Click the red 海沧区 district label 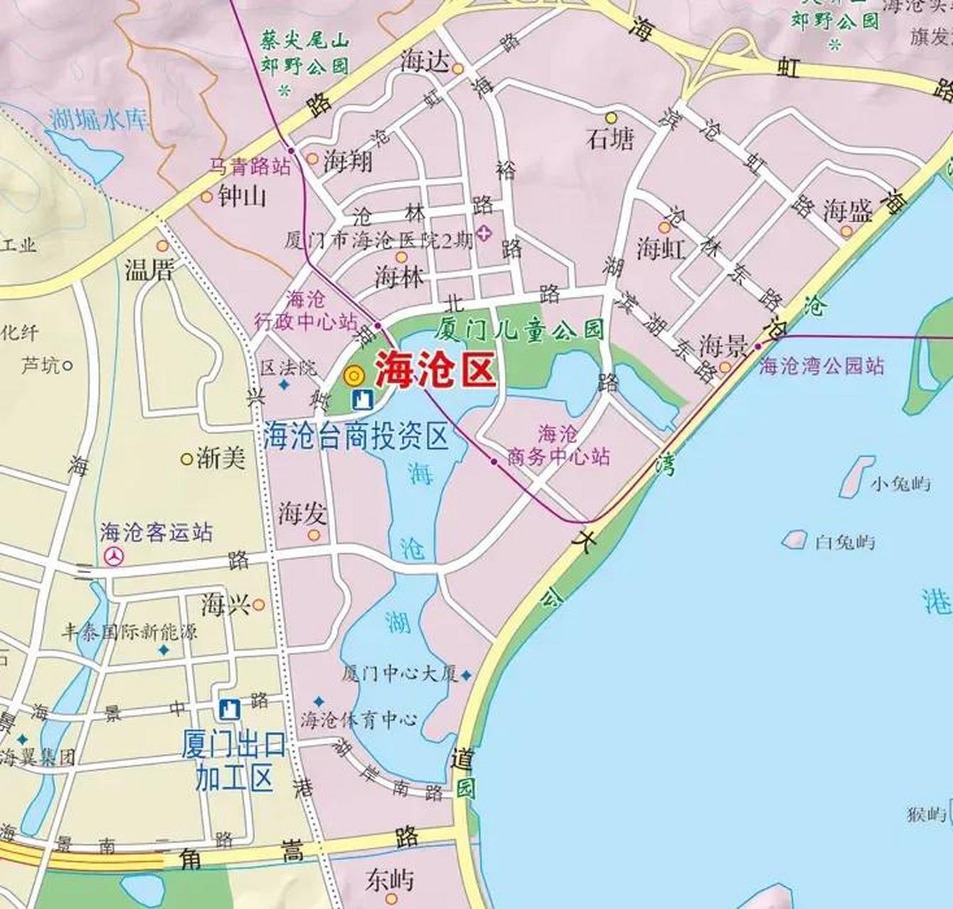pos(434,369)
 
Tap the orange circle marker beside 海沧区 pos(354,374)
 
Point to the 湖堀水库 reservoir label pos(99,119)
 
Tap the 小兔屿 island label pos(900,485)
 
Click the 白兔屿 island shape pos(795,539)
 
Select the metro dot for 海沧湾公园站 pos(758,346)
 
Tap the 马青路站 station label pos(249,167)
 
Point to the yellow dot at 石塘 pos(611,116)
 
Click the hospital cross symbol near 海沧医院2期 pos(484,233)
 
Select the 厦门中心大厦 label pos(400,674)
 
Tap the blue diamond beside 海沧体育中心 pos(319,701)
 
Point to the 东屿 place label pos(389,880)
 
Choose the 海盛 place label pos(847,210)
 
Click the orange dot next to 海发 pos(314,535)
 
